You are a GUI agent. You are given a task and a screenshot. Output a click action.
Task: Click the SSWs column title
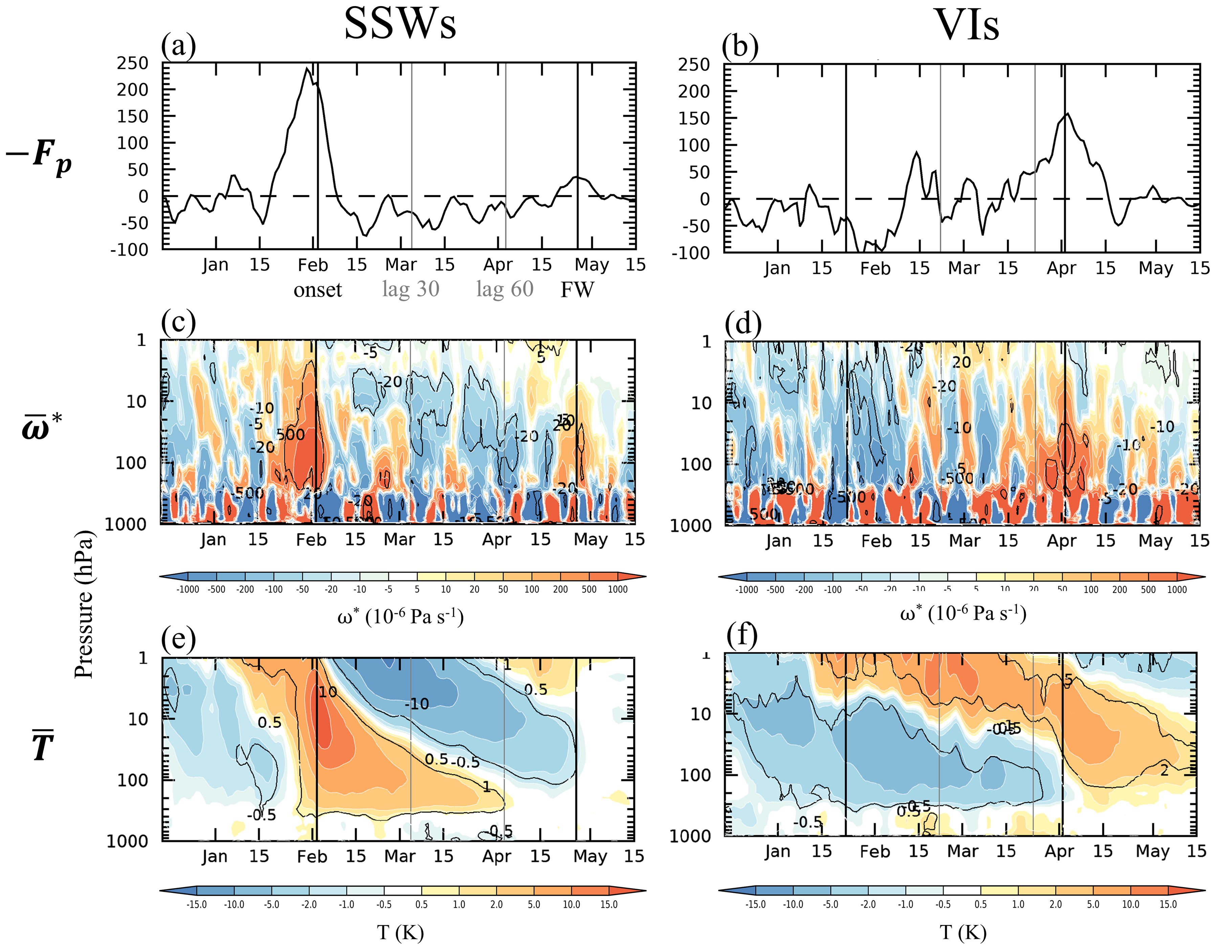[x=400, y=23]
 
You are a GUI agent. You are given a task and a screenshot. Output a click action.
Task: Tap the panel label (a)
[x=178, y=46]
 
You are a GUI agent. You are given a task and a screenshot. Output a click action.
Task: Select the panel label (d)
[x=743, y=324]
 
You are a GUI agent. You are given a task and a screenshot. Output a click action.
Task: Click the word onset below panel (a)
[x=317, y=290]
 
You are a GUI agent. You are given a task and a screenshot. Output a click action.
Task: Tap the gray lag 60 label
[x=505, y=289]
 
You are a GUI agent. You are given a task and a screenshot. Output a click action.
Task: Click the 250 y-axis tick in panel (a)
[x=133, y=64]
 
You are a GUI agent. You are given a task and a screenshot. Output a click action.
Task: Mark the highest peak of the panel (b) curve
[x=1067, y=114]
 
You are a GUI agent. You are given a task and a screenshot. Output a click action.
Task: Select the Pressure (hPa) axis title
[x=84, y=604]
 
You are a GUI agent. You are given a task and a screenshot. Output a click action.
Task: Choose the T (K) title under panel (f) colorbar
[x=963, y=932]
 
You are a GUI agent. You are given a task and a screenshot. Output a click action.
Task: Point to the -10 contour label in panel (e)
[x=417, y=704]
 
